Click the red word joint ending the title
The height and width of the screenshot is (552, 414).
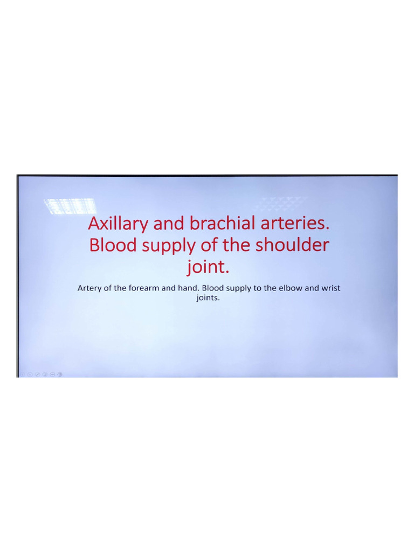(x=205, y=267)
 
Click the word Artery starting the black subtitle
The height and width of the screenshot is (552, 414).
(x=89, y=288)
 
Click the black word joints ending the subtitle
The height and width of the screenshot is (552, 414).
(x=208, y=298)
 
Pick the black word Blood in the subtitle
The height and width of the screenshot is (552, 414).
(x=212, y=288)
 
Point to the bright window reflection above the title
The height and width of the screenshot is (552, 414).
(x=70, y=206)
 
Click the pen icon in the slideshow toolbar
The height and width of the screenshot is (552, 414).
(x=38, y=374)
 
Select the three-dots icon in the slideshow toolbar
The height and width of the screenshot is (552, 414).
(x=53, y=374)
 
